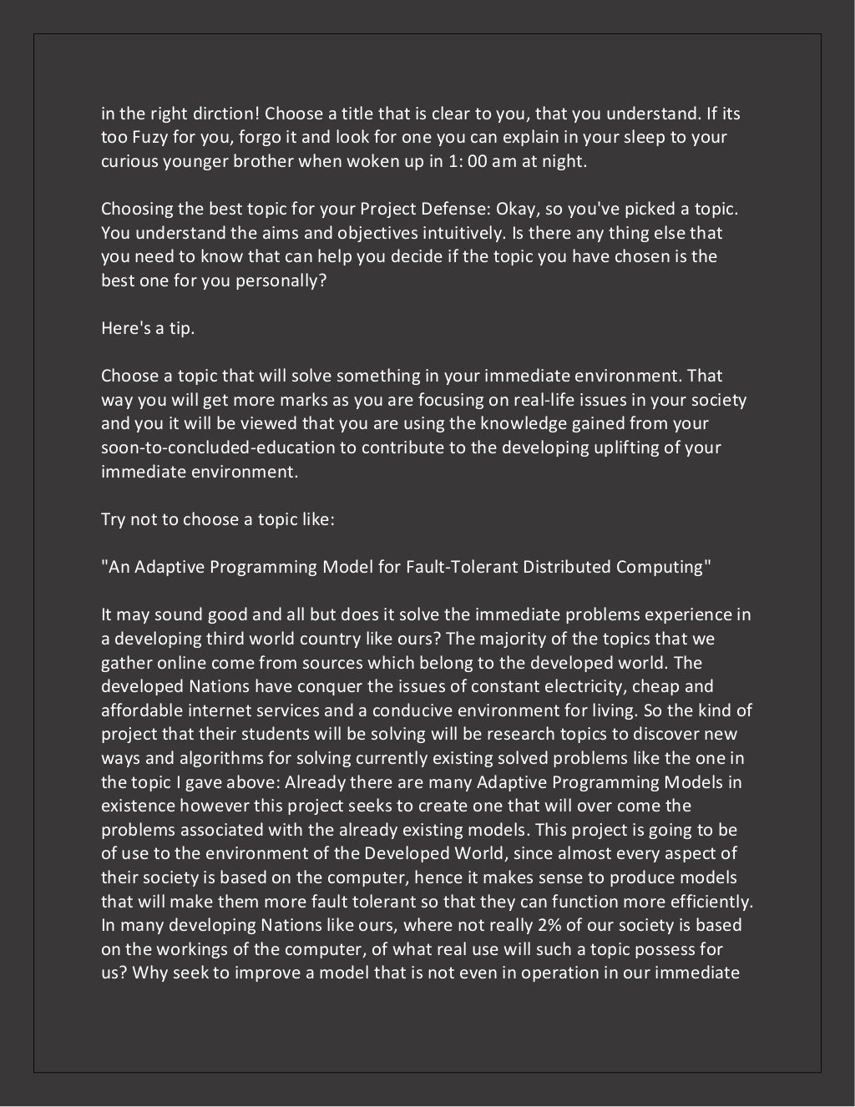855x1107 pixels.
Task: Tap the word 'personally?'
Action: (282, 281)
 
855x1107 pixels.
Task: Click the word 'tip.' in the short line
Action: (180, 328)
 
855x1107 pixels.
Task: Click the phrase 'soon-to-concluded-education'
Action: (218, 447)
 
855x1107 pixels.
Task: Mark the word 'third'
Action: (228, 639)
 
